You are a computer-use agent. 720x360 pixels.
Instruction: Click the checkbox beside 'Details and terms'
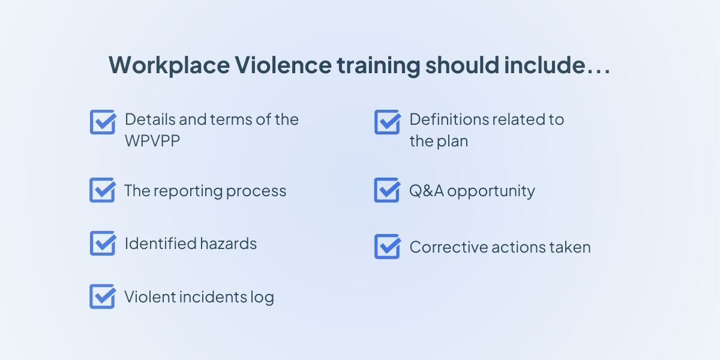103,122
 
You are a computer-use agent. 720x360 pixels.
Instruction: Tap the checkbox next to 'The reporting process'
103,190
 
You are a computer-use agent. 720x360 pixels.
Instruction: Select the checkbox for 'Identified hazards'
103,243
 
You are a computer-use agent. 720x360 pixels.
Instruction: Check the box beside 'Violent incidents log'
103,296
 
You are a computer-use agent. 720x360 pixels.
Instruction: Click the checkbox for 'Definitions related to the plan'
387,122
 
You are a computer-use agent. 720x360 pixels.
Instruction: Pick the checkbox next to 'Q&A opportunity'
387,190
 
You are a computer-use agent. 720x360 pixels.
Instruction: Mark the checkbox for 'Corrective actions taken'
387,247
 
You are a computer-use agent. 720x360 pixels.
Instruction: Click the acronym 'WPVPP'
152,141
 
